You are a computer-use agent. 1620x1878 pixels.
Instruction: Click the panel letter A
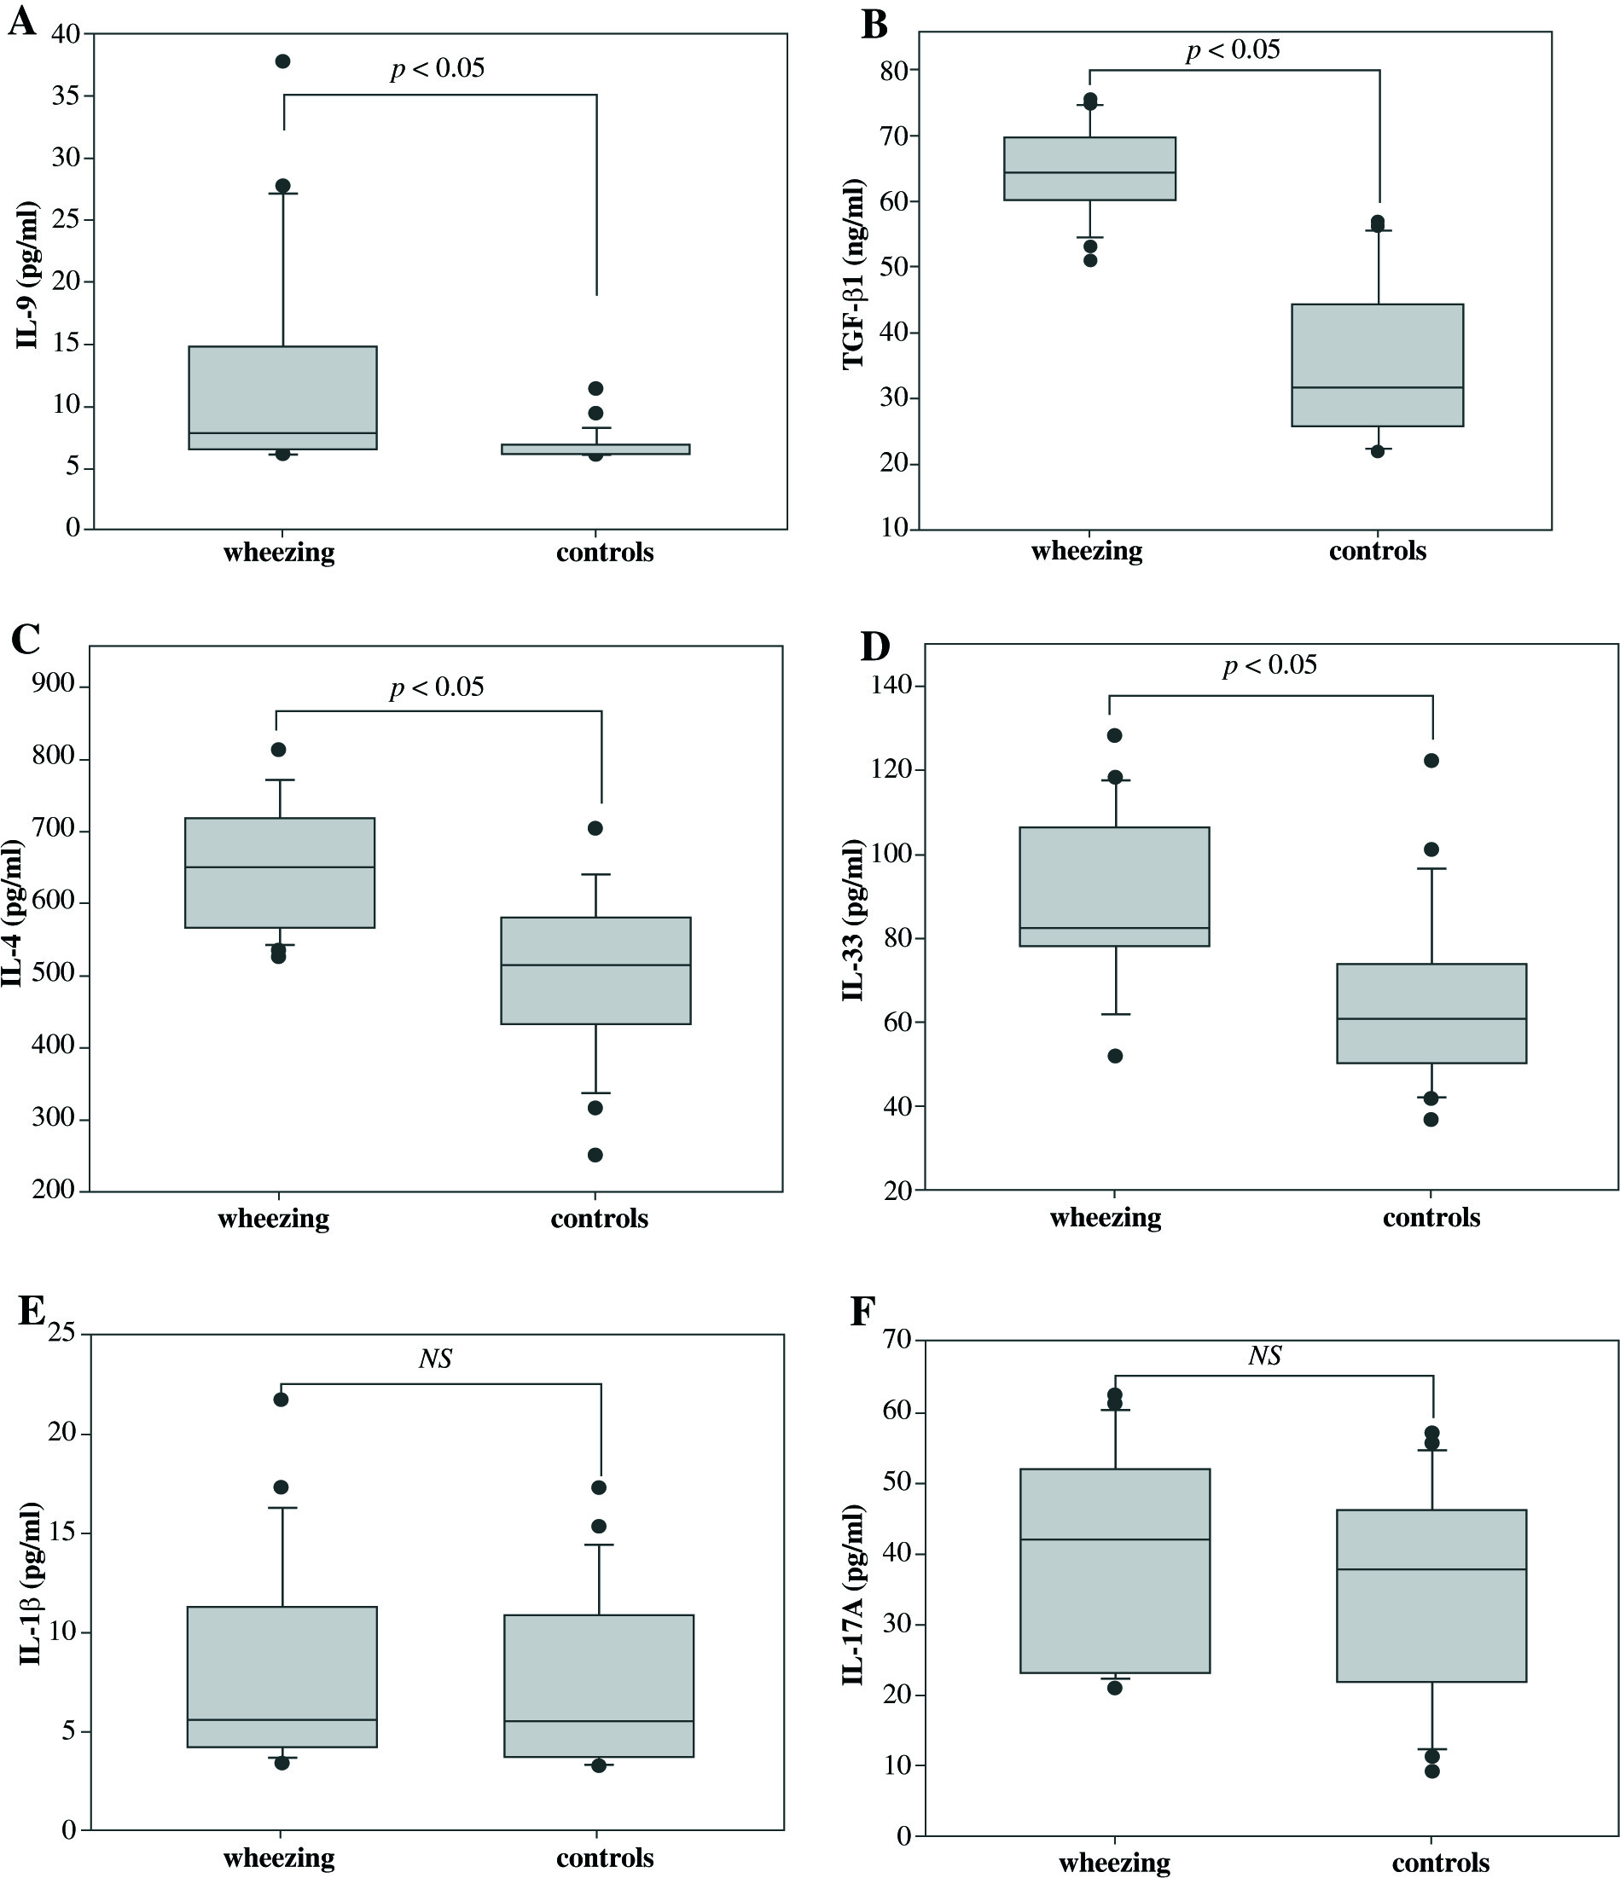pos(22,20)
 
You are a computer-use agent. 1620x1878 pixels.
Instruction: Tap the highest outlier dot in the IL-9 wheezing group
pos(283,61)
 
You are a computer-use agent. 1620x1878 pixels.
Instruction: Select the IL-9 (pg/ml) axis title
pos(27,276)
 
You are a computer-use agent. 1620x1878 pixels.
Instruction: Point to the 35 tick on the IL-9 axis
pos(67,96)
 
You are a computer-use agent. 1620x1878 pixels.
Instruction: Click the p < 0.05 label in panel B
pos(1233,49)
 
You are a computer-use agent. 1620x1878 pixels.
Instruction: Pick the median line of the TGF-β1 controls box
pos(1377,388)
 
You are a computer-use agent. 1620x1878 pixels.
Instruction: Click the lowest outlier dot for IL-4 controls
pos(595,1155)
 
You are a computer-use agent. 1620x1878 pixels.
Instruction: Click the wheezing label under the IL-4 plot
pos(274,1218)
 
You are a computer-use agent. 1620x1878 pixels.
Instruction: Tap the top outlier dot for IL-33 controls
pos(1431,761)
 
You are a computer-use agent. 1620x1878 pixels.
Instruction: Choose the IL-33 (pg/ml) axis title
pos(853,920)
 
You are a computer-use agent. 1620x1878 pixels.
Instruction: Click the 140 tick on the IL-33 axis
pos(892,685)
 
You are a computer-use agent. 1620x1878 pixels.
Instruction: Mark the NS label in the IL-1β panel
pos(436,1358)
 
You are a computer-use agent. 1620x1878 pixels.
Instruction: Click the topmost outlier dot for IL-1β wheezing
pos(281,1400)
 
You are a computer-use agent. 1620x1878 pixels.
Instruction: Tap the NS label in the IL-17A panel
pos(1265,1355)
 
